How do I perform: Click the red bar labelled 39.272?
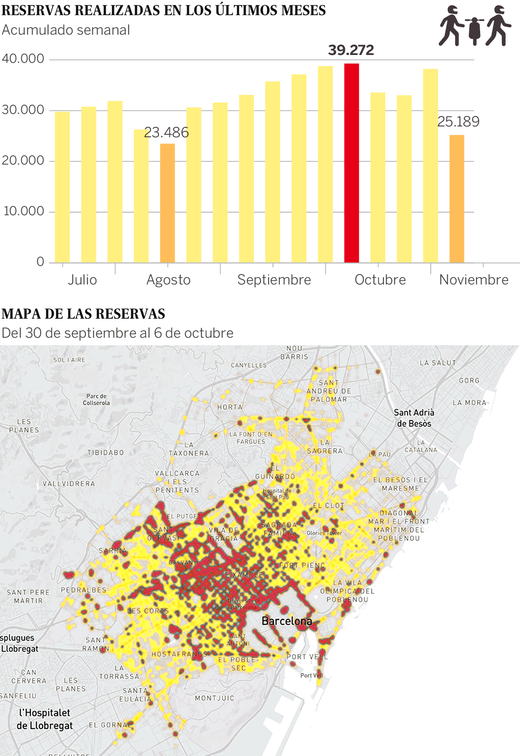pos(351,163)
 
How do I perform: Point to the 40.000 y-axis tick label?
pos(23,58)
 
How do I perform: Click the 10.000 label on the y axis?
pos(24,211)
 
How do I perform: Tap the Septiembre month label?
pos(274,280)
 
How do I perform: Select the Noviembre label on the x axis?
pos(474,280)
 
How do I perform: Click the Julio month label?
pos(82,280)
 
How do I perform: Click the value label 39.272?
pos(351,50)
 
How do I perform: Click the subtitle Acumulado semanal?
pos(66,30)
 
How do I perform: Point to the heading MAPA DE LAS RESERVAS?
pos(84,314)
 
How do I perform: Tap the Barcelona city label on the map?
pos(286,621)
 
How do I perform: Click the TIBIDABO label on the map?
pos(106,452)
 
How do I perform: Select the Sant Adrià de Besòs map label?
pos(414,418)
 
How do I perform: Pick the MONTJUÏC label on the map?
pos(214,698)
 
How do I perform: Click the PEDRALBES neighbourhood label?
pos(84,590)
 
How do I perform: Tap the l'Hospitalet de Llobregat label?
pos(44,719)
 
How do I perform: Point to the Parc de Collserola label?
pos(96,399)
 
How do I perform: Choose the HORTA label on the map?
pos(230,407)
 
